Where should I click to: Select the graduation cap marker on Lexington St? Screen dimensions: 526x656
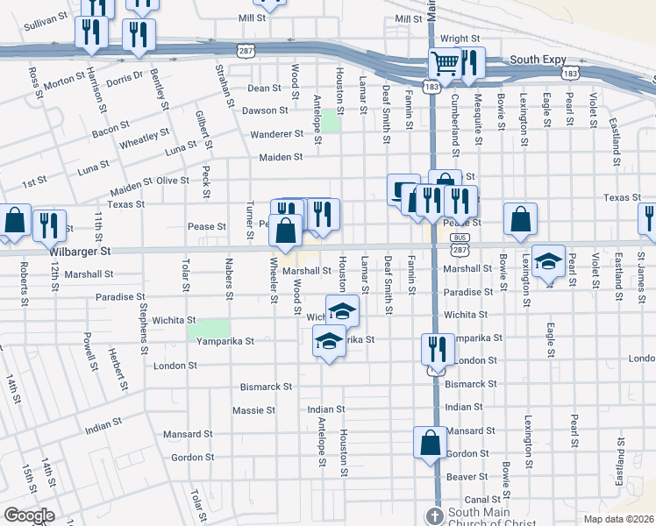click(549, 262)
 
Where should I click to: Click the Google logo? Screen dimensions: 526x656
click(29, 515)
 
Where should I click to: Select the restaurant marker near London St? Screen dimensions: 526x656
click(432, 349)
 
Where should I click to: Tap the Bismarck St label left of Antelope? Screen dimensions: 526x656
click(266, 386)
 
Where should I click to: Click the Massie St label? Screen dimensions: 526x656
click(253, 409)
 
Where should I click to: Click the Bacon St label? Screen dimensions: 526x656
click(110, 132)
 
